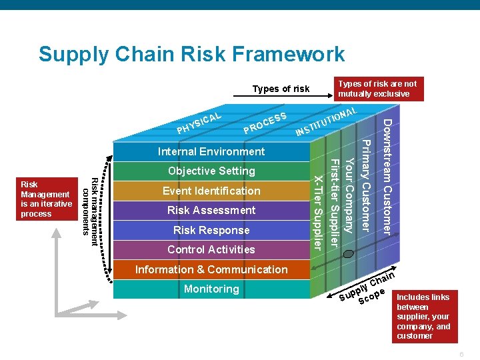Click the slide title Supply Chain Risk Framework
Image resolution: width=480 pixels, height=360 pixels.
(192, 54)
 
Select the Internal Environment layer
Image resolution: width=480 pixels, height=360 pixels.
(211, 151)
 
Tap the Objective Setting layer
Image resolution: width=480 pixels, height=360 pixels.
(211, 171)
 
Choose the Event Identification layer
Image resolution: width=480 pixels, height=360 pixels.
(211, 191)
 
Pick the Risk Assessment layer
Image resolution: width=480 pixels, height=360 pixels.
(211, 210)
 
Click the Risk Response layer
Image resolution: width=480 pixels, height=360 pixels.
(211, 230)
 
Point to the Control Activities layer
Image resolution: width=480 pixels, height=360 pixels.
(211, 249)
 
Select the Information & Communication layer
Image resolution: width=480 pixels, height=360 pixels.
(211, 269)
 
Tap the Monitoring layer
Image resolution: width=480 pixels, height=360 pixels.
(211, 289)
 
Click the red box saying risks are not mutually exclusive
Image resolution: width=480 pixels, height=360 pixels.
(378, 89)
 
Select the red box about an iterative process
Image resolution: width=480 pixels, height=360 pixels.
(47, 199)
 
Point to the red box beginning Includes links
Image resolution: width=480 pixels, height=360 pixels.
(423, 316)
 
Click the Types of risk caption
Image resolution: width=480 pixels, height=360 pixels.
(281, 89)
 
